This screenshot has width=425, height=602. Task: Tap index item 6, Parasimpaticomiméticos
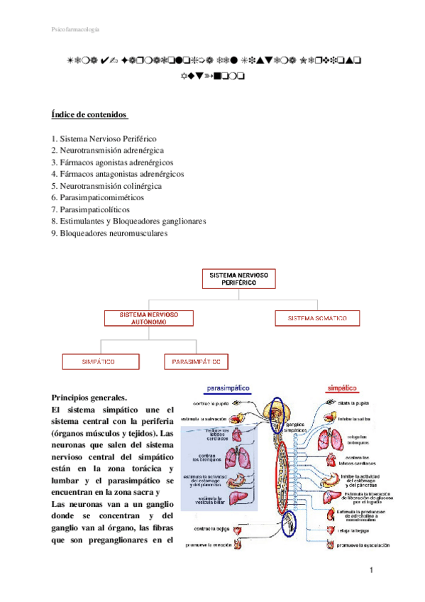tap(97, 197)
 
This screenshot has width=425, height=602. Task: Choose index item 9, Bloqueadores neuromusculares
tap(109, 232)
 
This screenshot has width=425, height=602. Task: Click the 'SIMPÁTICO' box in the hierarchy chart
tap(98, 361)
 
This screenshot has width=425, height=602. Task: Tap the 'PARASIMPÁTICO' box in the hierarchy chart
tap(197, 361)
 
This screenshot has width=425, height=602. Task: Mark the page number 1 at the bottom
tap(371, 571)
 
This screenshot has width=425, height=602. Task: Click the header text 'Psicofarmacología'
tap(76, 30)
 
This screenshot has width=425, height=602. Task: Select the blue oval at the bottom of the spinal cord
tap(291, 524)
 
